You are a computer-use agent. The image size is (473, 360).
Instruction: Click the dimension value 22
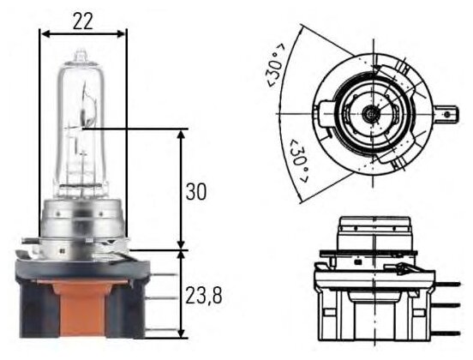82,21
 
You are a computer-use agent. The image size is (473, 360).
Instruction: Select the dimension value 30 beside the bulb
196,191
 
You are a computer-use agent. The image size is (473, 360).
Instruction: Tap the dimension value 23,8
204,296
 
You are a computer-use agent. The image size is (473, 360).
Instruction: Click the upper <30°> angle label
274,65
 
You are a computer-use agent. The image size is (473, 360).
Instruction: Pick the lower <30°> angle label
298,161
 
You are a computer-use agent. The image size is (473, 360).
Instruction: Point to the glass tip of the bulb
81,56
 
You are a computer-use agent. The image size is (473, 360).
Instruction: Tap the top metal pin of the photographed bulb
162,274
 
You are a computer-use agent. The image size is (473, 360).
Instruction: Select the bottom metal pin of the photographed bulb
160,330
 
